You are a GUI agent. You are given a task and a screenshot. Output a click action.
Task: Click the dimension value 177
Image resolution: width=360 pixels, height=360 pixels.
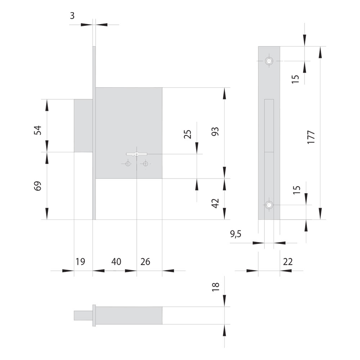coord(311,137)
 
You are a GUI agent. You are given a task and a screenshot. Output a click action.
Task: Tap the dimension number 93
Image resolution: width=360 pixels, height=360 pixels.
coord(215,131)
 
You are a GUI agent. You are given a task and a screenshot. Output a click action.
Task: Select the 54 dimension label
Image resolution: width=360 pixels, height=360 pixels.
coord(38,130)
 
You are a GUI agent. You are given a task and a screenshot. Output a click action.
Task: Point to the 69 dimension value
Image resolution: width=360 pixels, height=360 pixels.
coord(38,186)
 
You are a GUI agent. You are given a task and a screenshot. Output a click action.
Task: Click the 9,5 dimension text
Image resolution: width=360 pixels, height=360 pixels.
coord(235,234)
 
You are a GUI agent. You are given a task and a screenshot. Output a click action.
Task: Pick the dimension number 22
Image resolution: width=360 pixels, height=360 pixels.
coord(288,262)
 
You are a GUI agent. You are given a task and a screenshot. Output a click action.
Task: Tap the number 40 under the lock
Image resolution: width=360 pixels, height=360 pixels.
coord(116,262)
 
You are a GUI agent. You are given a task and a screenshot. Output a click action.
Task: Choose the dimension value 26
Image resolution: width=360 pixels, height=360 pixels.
coord(145,262)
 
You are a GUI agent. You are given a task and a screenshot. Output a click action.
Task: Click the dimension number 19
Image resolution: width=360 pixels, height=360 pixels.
coord(80,262)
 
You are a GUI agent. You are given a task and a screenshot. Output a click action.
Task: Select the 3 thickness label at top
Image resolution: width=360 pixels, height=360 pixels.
coord(72,16)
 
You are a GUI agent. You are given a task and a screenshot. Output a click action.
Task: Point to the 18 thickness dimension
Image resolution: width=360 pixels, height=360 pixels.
coord(216,287)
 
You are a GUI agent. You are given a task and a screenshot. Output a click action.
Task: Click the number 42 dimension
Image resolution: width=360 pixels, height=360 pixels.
coord(215,203)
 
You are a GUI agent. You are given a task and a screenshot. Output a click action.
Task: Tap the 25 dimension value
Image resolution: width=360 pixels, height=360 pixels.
coord(188,134)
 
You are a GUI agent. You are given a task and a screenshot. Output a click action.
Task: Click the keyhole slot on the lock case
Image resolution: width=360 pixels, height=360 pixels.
coord(136,154)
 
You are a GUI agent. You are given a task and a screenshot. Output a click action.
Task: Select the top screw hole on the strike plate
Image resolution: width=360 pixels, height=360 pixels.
coord(269,61)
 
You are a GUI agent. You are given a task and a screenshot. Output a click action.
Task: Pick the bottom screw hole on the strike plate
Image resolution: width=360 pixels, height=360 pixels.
coord(269,204)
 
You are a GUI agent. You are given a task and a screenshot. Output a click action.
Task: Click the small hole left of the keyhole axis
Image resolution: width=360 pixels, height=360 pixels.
coord(128,164)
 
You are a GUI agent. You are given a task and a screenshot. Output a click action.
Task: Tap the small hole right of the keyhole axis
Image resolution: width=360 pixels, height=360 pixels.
coord(145,164)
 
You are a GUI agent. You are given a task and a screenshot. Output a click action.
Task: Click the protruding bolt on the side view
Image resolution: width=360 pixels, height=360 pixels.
coord(84,126)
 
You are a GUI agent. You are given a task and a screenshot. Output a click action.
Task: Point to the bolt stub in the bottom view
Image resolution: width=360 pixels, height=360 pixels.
coord(83,315)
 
